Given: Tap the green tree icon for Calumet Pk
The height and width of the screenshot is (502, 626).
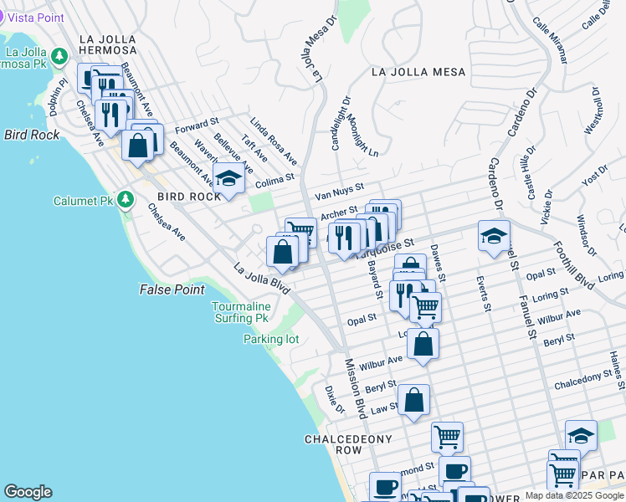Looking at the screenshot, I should click(126, 200).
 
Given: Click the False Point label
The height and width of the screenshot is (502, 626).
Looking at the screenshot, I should click(172, 289).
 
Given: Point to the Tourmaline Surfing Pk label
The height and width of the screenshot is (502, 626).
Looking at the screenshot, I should click(240, 313).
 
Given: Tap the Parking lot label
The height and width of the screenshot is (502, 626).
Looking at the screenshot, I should click(271, 339).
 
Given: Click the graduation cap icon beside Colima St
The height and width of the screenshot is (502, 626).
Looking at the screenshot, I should click(228, 177).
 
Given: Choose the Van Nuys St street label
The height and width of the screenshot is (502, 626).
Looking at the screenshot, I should click(339, 192).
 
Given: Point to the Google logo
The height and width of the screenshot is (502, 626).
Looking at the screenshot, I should click(28, 492).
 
